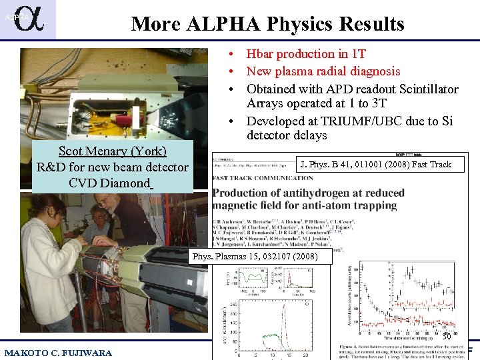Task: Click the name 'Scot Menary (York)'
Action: pos(112,151)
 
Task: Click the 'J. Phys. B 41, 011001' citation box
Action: pos(375,165)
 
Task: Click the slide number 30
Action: pos(446,337)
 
